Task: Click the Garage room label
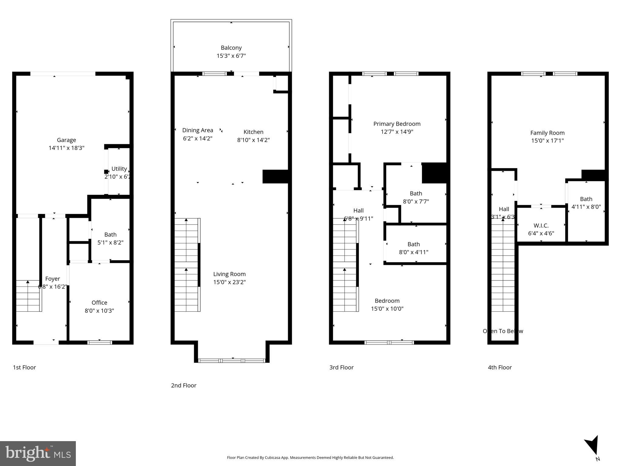(66, 140)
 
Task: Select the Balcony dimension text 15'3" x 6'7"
(231, 56)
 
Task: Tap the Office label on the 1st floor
(99, 302)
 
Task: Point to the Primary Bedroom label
(397, 124)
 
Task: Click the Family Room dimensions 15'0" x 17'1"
(547, 140)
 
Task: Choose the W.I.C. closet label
(541, 225)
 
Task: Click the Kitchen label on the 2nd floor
(253, 132)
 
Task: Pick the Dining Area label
(197, 130)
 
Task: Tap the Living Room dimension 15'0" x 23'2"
(229, 282)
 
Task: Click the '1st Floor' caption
(24, 367)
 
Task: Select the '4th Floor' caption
(500, 367)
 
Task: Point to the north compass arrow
(592, 447)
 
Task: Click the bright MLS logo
(38, 454)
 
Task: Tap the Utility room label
(119, 169)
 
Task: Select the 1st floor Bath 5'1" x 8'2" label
(110, 238)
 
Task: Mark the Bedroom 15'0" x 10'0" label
(387, 305)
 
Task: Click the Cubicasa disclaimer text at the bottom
(310, 458)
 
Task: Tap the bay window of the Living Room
(232, 360)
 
